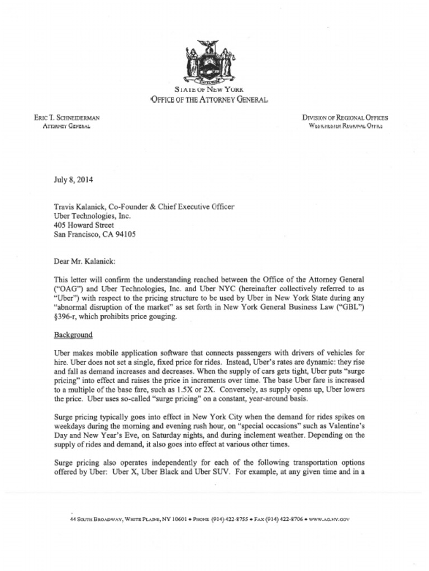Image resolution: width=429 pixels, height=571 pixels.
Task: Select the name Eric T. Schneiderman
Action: (67, 118)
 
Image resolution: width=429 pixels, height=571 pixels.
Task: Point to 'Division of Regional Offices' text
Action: (345, 118)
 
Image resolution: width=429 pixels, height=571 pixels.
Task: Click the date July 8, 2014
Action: (73, 180)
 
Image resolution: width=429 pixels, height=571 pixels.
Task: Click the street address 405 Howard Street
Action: (84, 225)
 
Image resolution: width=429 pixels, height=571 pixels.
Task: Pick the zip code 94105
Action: (124, 235)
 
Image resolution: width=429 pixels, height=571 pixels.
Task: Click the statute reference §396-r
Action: (66, 317)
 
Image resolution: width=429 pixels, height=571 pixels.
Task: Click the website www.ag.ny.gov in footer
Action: (329, 519)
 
